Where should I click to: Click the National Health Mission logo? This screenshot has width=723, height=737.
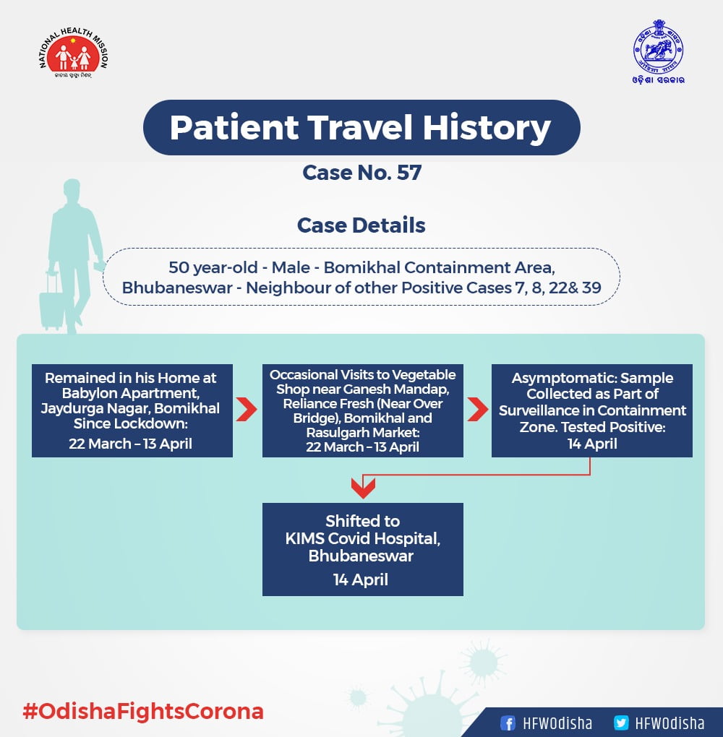74,53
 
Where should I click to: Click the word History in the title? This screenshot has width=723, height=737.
487,127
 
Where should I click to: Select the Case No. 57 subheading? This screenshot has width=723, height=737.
361,173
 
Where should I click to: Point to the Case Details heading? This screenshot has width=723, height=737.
361,225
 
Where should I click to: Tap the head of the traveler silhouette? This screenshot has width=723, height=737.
72,189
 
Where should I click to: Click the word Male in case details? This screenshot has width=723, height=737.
291,267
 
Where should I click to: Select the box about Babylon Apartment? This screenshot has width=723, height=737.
132,410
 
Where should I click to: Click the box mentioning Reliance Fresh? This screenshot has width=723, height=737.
363,410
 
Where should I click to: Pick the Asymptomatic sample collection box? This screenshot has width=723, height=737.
591,410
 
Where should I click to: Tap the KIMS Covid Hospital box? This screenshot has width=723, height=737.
363,549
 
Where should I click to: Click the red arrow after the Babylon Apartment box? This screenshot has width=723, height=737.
247,410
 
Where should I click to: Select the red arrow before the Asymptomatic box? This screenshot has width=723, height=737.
478,410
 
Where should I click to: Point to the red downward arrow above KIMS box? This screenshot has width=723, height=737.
363,488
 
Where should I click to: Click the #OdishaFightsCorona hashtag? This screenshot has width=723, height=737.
143,711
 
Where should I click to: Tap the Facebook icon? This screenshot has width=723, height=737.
508,723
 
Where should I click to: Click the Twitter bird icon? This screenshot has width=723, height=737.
621,723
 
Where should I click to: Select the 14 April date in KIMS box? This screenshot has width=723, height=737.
361,579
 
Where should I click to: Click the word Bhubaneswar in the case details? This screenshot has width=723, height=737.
177,288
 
